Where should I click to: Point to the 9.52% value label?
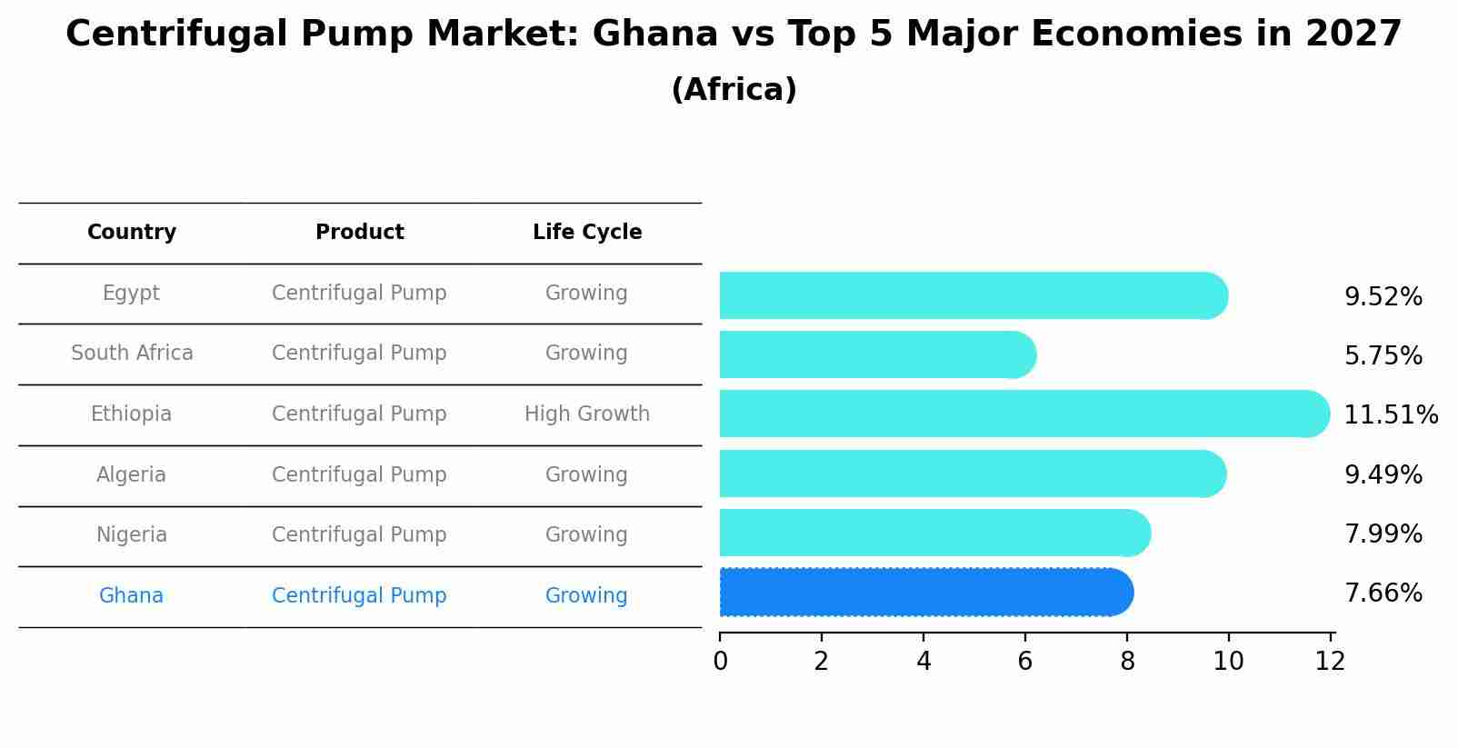[1383, 297]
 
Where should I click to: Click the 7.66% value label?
[1383, 593]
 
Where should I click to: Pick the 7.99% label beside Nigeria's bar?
[1383, 534]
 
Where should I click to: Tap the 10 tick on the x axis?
[1228, 662]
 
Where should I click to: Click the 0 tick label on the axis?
[720, 662]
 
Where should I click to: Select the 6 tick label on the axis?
[1024, 662]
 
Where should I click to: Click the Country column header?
[132, 233]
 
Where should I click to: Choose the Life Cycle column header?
[587, 233]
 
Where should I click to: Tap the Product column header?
[359, 233]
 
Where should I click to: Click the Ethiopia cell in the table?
[131, 414]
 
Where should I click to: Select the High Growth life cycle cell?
[587, 414]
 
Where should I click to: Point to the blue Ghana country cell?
[131, 596]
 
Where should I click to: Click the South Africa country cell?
[132, 354]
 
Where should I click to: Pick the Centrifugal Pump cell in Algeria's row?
[359, 475]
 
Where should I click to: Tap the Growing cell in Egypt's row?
[586, 294]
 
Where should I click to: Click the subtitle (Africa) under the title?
[734, 90]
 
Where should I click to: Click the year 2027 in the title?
[1353, 35]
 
